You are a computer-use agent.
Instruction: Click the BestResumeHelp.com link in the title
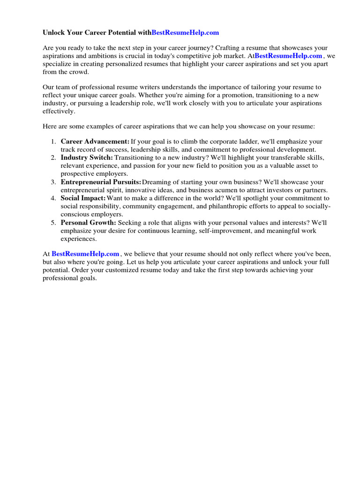pyautogui.click(x=185, y=33)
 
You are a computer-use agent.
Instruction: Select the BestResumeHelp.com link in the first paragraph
pyautogui.click(x=288, y=56)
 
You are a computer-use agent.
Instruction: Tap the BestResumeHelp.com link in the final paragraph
pyautogui.click(x=85, y=254)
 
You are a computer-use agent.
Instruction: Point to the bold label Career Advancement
pyautogui.click(x=95, y=142)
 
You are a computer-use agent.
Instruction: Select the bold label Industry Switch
pyautogui.click(x=87, y=157)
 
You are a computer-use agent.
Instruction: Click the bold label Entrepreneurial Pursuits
pyautogui.click(x=101, y=182)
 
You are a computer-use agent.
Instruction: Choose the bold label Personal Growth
pyautogui.click(x=88, y=223)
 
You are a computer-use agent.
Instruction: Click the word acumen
pyautogui.click(x=241, y=190)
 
